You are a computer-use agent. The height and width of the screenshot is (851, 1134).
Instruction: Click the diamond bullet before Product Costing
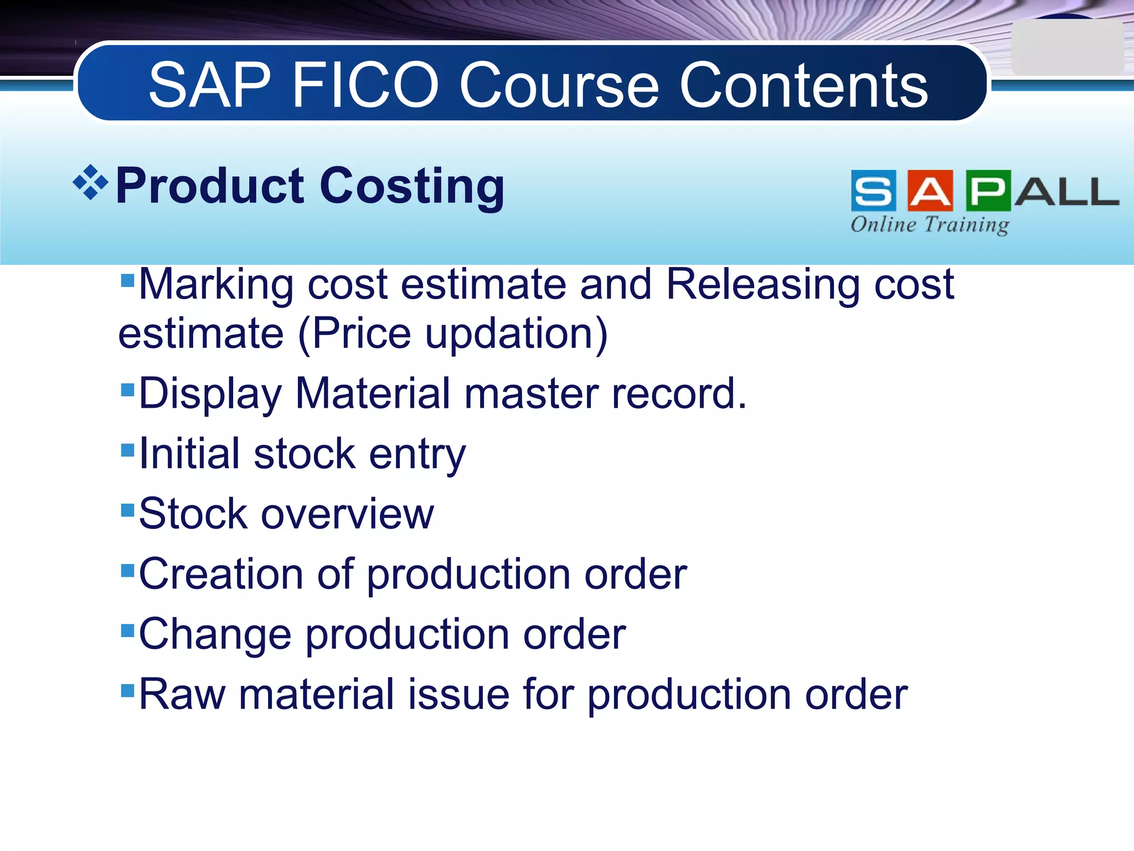click(90, 183)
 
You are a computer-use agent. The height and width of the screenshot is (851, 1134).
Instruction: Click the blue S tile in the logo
click(873, 191)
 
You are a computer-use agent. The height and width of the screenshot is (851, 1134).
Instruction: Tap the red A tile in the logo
click(930, 191)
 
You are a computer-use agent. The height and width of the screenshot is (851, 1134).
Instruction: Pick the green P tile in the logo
click(988, 191)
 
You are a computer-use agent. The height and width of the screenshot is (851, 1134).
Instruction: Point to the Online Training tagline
click(930, 224)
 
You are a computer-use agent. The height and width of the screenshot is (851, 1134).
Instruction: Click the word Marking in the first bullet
click(216, 285)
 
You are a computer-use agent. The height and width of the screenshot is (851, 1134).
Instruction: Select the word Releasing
click(762, 285)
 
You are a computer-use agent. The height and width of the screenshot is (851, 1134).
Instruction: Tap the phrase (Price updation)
click(453, 334)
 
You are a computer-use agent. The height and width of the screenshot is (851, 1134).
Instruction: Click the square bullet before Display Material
click(127, 389)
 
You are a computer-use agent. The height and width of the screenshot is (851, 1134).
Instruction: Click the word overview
click(347, 514)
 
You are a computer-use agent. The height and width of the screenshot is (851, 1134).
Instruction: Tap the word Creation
click(220, 574)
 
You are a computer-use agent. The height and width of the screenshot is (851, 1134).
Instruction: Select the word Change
click(215, 634)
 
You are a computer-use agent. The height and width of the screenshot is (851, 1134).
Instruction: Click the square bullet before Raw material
click(127, 690)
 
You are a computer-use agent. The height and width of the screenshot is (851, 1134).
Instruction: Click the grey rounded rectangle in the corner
click(1067, 48)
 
